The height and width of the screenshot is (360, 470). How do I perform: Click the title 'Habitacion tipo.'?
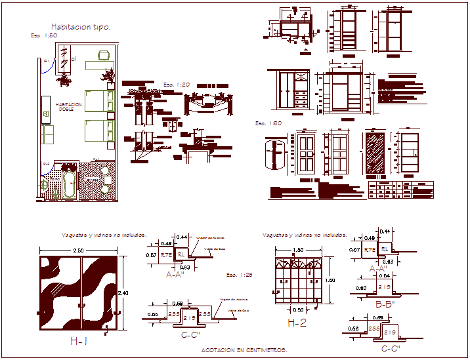point(81,27)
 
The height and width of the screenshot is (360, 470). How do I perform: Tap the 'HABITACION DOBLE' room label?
point(69,106)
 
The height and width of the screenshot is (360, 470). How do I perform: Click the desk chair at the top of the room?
point(103,56)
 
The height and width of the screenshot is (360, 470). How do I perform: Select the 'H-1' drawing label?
point(79,341)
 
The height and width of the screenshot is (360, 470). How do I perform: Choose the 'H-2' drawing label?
point(297,323)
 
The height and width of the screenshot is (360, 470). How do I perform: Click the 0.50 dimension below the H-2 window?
point(299,310)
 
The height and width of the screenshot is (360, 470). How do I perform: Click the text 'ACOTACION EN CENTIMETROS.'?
point(244,351)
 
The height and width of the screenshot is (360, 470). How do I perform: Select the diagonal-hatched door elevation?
point(375,155)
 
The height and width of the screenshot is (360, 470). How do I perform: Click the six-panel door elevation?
point(306,155)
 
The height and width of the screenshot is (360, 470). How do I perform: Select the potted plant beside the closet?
point(64,80)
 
